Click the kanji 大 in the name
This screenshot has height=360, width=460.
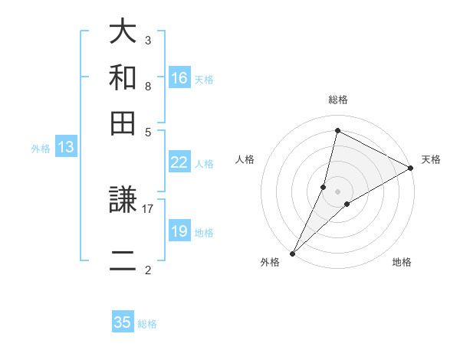[x=123, y=31]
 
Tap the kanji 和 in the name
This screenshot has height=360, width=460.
[x=123, y=77]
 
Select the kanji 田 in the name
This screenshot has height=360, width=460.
[x=123, y=123]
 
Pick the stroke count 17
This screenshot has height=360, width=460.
[x=148, y=208]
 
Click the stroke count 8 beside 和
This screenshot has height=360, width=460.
[x=147, y=86]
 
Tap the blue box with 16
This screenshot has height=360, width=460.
[x=179, y=78]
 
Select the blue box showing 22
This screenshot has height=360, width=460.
[x=179, y=162]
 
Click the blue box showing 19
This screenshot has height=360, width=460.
[x=179, y=231]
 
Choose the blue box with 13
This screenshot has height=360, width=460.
[x=65, y=147]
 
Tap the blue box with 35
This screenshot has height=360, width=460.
[x=123, y=322]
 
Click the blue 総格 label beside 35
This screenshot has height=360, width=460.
[x=147, y=324]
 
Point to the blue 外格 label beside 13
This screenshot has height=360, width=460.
[x=41, y=149]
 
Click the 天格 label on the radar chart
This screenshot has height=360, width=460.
[x=431, y=159]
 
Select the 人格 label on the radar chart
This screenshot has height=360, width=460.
[x=245, y=159]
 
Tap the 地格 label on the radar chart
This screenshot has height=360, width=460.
[x=402, y=262]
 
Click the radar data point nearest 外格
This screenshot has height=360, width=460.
[x=292, y=253]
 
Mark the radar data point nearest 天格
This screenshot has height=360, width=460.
[x=411, y=169]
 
